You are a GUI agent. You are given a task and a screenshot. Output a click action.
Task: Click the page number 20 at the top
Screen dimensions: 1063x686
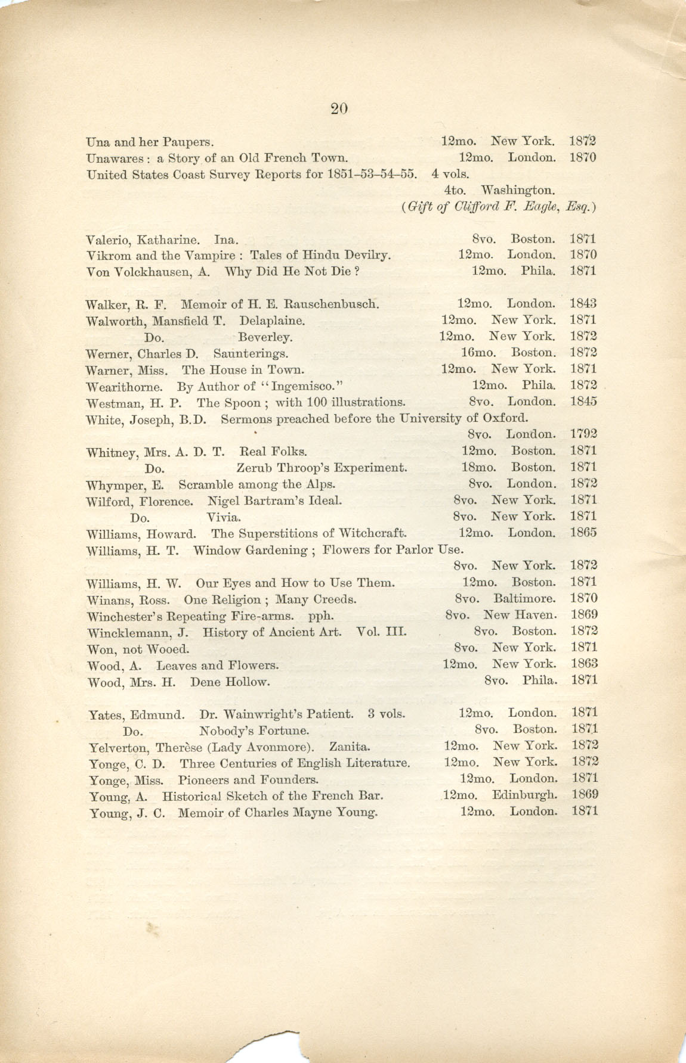click(x=338, y=108)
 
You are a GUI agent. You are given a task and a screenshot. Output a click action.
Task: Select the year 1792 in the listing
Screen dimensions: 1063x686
click(x=583, y=434)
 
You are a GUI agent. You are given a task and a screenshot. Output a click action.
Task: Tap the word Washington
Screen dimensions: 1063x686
click(x=518, y=191)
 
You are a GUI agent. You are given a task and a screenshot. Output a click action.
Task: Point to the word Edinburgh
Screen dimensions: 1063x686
click(x=524, y=794)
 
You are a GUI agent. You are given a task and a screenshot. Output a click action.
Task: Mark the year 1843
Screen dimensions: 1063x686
click(x=583, y=304)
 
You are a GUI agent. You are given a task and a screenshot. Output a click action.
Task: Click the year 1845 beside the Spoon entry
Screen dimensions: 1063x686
click(x=583, y=402)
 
